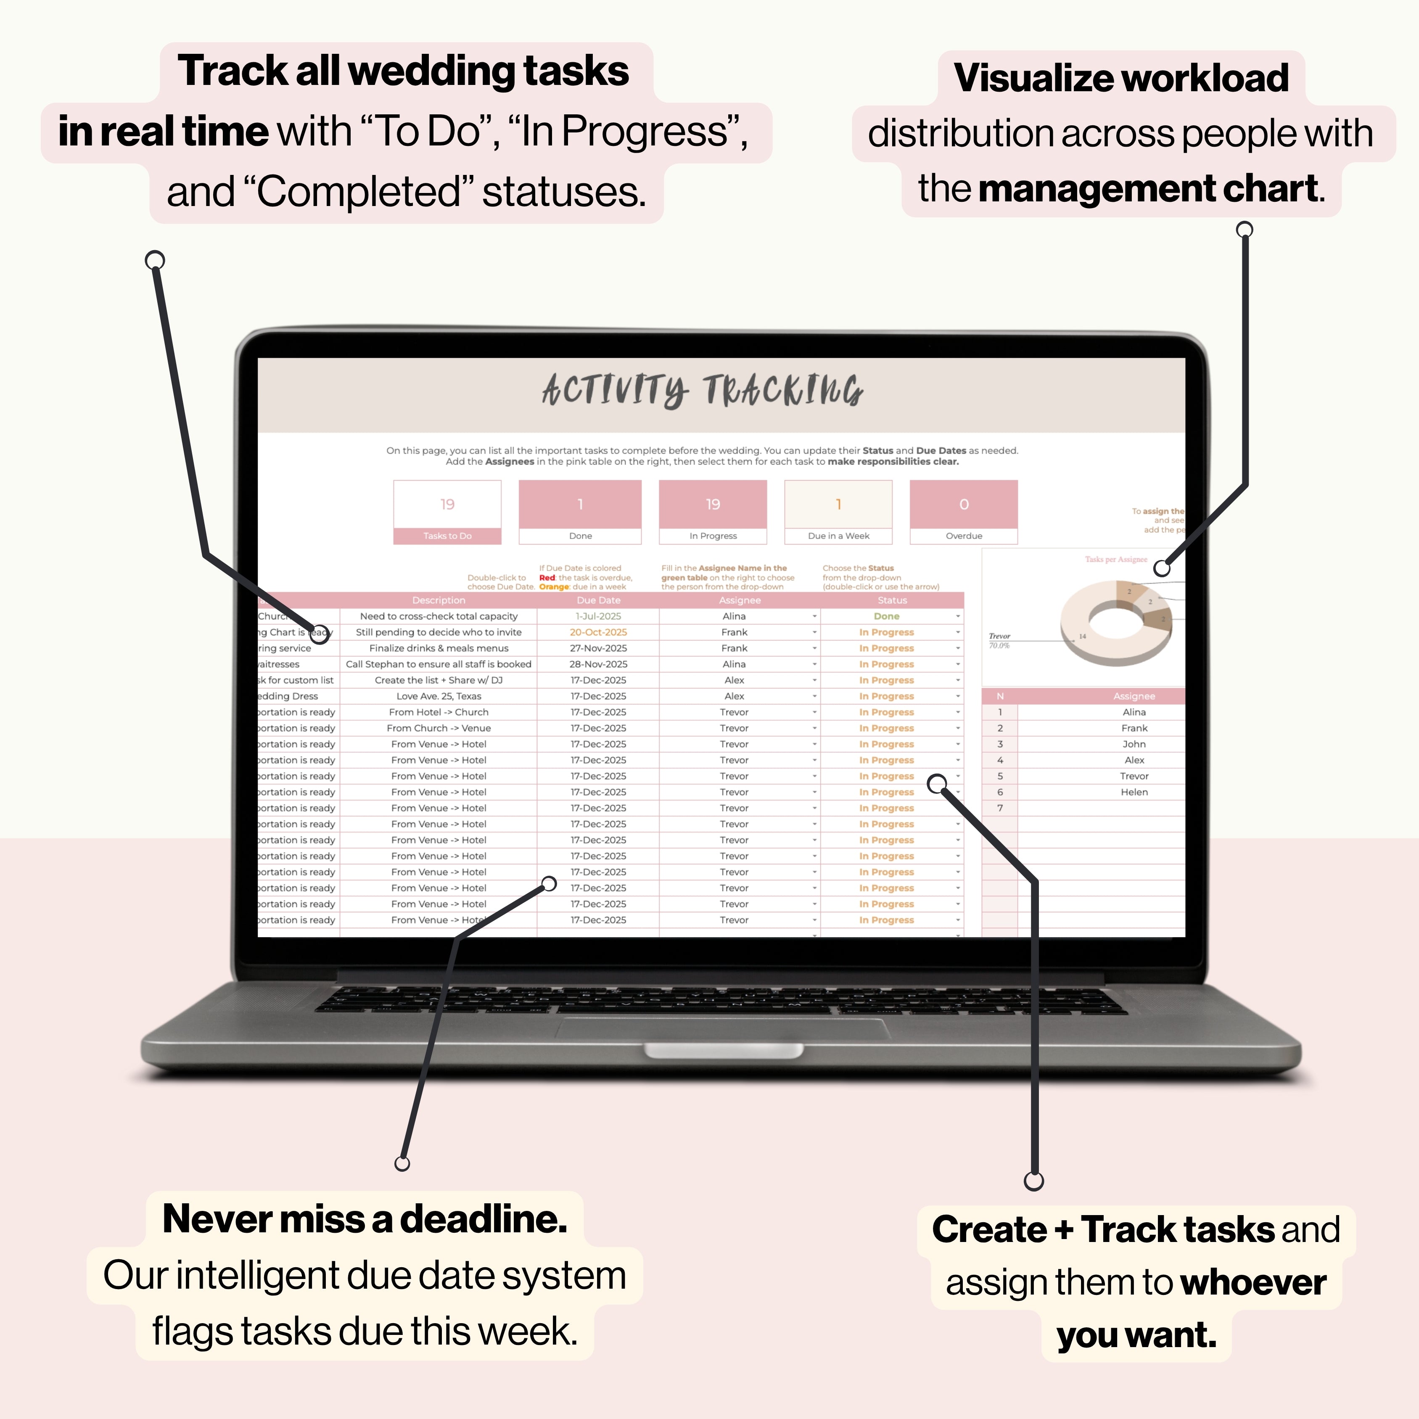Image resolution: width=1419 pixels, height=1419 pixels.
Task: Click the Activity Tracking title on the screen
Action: coord(703,390)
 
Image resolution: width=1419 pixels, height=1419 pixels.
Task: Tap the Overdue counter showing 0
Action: coord(964,505)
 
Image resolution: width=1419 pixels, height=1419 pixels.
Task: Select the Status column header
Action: coord(892,600)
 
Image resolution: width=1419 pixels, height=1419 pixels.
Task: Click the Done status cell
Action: coord(887,616)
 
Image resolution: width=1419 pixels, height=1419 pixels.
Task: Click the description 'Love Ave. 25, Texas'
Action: coord(439,696)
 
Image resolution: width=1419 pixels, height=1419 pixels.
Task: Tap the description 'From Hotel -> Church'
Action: coord(439,712)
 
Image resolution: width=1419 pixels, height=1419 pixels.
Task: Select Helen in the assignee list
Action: coord(1134,792)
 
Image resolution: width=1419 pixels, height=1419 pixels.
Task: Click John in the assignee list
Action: coord(1134,744)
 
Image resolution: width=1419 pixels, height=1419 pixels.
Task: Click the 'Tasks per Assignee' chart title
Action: coord(1116,560)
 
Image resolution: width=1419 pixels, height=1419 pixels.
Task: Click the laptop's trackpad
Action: coord(724,1028)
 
